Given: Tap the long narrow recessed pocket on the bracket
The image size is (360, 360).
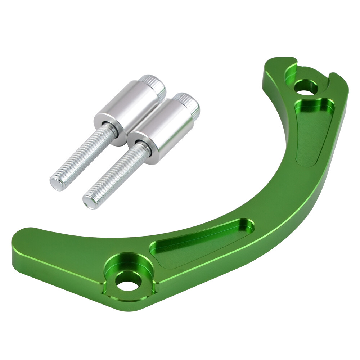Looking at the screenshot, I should point(202,241).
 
